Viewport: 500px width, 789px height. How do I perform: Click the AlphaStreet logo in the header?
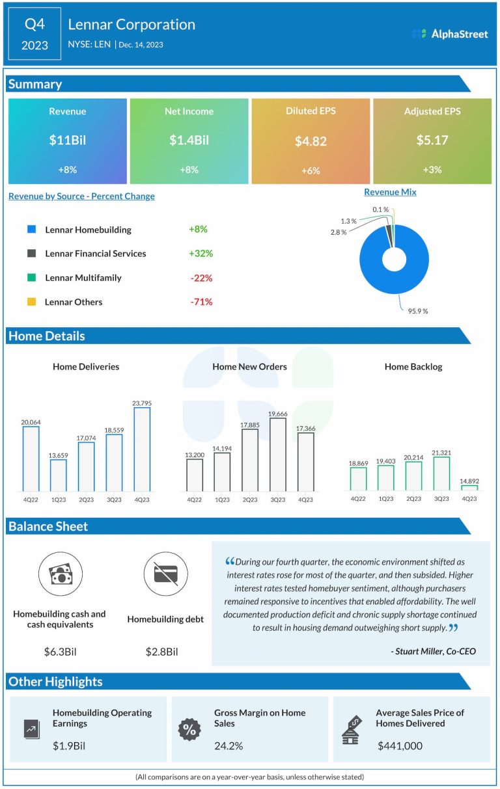pos(450,34)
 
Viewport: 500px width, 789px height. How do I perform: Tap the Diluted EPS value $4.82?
pos(311,141)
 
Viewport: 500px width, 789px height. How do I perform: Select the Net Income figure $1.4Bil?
pos(189,140)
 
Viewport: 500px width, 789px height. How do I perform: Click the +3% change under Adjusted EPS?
pos(432,170)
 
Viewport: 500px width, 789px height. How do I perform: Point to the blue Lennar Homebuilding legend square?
pos(31,230)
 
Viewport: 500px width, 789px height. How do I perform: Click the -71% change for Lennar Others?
pos(201,302)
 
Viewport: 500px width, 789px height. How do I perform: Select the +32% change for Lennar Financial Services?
pos(201,254)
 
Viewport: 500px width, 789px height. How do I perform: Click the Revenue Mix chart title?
pos(390,192)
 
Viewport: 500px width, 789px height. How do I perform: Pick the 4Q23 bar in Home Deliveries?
pos(142,449)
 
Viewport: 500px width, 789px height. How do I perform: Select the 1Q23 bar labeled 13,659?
pos(59,475)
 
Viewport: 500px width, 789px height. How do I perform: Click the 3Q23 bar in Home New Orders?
pos(277,454)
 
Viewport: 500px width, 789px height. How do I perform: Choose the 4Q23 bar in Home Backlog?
pos(469,487)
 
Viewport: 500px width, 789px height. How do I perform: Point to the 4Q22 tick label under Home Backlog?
pos(358,499)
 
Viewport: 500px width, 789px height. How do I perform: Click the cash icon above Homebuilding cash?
pos(60,574)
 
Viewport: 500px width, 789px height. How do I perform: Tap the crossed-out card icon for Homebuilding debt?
pos(165,574)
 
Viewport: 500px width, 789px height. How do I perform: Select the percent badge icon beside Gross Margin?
pos(189,729)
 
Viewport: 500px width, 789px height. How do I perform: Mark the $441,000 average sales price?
pos(400,745)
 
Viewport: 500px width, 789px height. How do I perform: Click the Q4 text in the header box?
pos(35,24)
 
